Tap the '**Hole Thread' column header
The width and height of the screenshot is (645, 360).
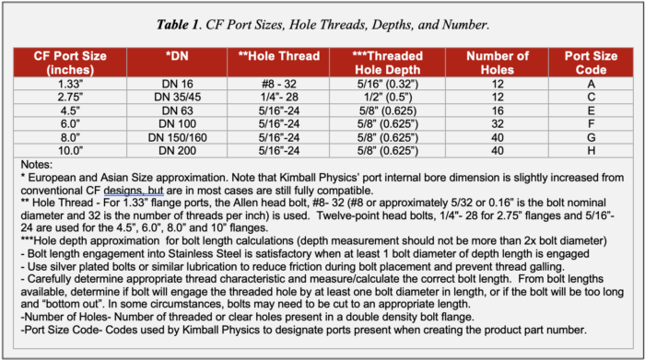point(280,55)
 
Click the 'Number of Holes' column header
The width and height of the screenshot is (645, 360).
point(498,62)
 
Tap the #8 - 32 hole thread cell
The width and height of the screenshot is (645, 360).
point(280,82)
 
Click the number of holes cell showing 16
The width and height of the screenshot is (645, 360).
point(498,110)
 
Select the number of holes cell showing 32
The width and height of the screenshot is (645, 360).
point(498,123)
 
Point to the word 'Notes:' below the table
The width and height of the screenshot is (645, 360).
point(38,165)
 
